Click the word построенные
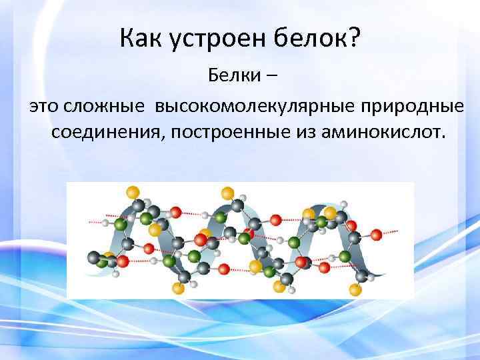238,131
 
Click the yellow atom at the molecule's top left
133,192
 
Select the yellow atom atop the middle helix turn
227,193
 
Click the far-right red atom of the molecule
377,234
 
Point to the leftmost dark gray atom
93,257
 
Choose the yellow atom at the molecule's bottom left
177,288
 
